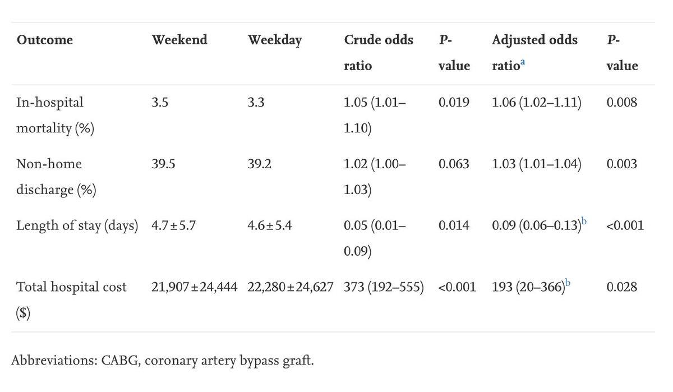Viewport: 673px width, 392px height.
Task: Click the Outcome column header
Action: (x=45, y=40)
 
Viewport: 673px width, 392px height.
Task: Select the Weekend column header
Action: (x=179, y=40)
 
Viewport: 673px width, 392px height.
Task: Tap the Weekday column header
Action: (x=275, y=40)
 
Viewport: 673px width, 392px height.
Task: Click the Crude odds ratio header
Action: (x=378, y=53)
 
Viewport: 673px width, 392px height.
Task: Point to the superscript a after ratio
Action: (x=523, y=63)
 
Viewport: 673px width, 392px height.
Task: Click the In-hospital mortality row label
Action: (x=55, y=115)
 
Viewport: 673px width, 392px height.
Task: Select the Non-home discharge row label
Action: (x=56, y=177)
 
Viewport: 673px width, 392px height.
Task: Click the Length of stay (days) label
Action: (x=77, y=225)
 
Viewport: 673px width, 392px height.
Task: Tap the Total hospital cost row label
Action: (x=71, y=299)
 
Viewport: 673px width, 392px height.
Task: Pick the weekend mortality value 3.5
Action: (x=160, y=103)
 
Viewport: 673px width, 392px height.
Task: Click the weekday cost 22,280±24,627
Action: (x=291, y=287)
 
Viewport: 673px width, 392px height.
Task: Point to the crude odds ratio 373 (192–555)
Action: (x=384, y=287)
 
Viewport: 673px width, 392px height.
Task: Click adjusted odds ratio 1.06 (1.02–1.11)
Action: (x=537, y=103)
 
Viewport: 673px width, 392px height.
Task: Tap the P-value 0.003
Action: (x=621, y=164)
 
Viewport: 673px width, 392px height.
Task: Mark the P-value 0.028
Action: (x=621, y=287)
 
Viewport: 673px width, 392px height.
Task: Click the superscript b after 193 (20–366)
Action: (x=568, y=284)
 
